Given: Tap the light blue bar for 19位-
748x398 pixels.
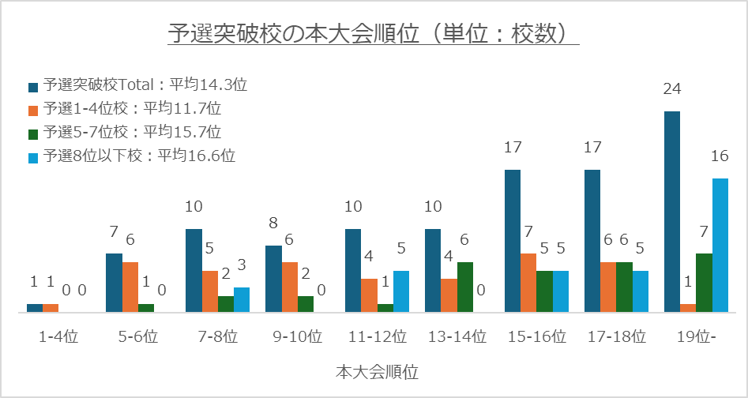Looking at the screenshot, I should [720, 246].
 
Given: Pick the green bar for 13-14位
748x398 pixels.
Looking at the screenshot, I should [464, 287].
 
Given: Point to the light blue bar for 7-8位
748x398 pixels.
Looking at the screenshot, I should [242, 300].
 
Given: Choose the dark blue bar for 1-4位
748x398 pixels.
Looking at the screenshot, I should [35, 308].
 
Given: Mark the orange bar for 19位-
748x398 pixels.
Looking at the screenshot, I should [688, 308].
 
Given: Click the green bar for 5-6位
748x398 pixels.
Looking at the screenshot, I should [146, 308].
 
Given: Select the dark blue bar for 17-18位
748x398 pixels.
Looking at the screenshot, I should [592, 241].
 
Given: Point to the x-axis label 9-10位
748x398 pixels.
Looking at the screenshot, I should [297, 336].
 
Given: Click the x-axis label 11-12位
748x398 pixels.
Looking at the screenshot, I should [377, 336].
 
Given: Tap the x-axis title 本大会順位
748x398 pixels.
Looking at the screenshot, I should [376, 370].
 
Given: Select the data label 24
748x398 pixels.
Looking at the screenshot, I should [672, 89].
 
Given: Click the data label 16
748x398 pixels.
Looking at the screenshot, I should [720, 156].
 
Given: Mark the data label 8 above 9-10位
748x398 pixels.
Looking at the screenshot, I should [273, 223].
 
